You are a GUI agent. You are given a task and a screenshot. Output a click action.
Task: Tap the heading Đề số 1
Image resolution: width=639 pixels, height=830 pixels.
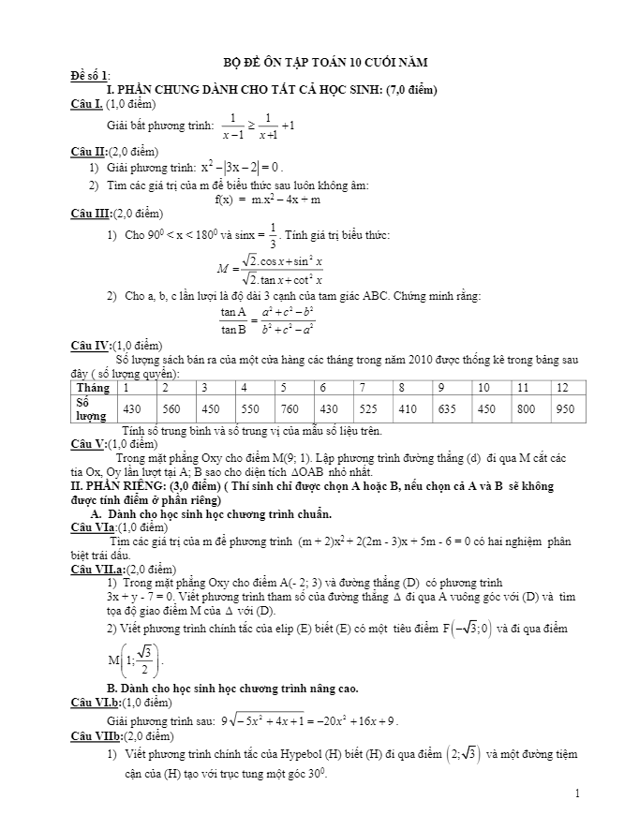point(90,75)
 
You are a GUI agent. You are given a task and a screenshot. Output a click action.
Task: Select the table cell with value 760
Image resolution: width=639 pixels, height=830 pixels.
point(289,408)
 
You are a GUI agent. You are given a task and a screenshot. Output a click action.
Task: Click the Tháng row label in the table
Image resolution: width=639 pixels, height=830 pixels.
point(93,387)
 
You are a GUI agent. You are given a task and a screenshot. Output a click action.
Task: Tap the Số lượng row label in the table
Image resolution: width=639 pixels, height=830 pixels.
point(91,408)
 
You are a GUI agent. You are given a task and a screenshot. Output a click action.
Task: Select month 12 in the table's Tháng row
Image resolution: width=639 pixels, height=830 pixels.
point(563,387)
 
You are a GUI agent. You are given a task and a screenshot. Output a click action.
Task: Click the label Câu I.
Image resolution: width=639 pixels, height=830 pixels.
point(86,104)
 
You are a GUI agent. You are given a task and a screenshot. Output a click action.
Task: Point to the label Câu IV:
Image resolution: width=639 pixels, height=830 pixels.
point(91,346)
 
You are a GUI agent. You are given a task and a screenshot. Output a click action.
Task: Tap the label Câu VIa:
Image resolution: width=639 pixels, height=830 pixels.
point(93,528)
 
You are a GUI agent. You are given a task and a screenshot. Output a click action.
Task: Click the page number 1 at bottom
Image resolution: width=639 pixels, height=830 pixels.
point(578,794)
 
